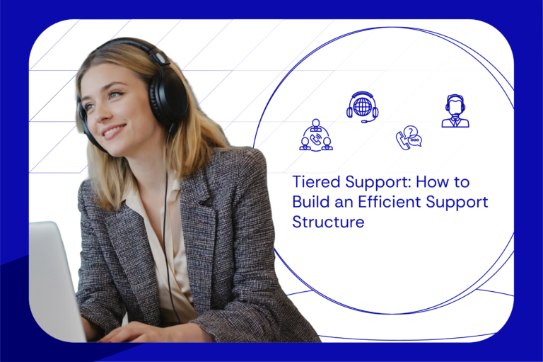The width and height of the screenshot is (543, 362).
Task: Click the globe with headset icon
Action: (362, 107)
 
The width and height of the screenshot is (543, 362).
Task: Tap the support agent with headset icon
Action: (455, 111)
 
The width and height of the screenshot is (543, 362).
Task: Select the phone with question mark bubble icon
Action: (408, 137)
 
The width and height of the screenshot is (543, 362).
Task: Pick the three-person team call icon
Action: (315, 135)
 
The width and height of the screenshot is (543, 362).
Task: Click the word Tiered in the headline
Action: (313, 182)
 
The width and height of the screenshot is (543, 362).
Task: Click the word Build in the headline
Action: (310, 202)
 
